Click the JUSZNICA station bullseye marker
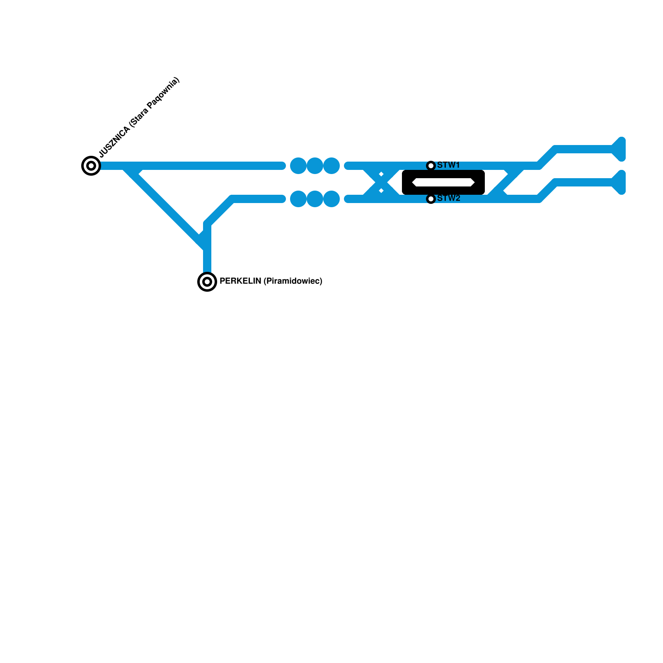point(91,166)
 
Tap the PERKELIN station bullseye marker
point(207,282)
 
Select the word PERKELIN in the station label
point(240,281)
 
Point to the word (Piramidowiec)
point(293,281)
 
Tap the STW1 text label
point(448,165)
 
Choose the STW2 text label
point(448,198)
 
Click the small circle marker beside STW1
point(431,166)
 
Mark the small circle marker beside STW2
point(431,199)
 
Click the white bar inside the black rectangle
point(443,182)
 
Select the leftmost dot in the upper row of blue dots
point(298,166)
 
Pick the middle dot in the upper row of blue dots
point(315,166)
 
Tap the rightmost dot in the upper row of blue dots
point(331,166)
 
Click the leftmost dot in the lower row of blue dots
point(298,199)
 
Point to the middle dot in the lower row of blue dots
point(315,199)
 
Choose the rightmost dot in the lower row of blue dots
point(331,199)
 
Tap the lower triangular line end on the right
point(619,182)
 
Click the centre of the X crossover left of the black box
point(381,182)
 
